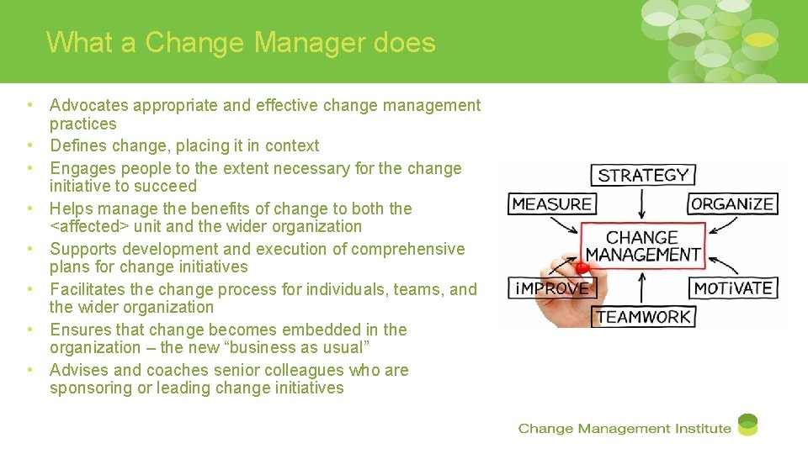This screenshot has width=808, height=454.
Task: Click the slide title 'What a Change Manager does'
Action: click(241, 42)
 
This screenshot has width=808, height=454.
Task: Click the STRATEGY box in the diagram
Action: click(643, 175)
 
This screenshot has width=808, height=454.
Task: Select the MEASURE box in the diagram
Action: click(552, 204)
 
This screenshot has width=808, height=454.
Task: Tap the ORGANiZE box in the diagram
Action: click(731, 204)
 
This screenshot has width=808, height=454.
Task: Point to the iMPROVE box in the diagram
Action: click(551, 288)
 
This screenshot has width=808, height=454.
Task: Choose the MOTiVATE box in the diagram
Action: click(732, 288)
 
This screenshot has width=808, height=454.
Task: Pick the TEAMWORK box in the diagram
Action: click(643, 317)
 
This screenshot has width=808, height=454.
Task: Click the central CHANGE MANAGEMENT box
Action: click(643, 245)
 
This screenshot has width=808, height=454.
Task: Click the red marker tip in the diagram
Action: click(580, 268)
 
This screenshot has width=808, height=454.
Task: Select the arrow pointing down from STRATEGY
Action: click(643, 204)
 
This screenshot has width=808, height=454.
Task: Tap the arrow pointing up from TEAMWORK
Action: click(643, 287)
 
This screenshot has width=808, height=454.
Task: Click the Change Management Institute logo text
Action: click(625, 429)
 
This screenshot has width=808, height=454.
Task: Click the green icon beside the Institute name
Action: click(747, 425)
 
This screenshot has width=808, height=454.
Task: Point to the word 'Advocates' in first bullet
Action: click(89, 105)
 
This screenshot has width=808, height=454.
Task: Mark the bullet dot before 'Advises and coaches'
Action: click(29, 370)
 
